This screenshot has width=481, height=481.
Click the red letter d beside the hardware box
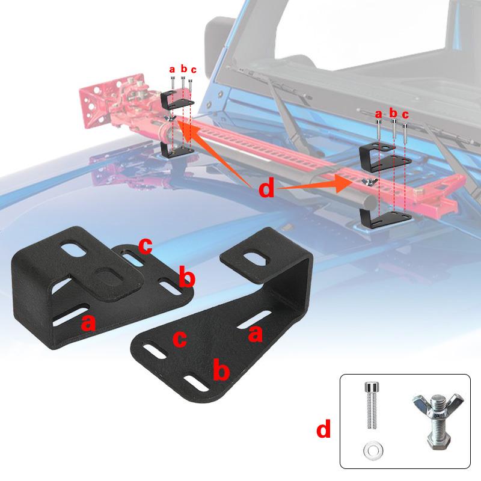pyautogui.click(x=323, y=430)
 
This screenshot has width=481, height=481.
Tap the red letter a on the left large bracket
pyautogui.click(x=89, y=323)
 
